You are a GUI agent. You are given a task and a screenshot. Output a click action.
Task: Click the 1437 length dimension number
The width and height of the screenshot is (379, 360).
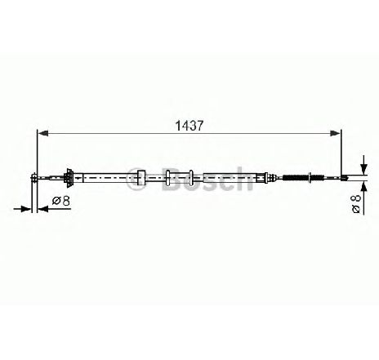(x=189, y=126)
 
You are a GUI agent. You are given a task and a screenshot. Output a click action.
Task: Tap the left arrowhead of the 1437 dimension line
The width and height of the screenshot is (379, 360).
(x=42, y=133)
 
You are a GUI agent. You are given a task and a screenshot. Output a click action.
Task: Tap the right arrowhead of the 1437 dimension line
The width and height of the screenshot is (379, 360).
(x=335, y=133)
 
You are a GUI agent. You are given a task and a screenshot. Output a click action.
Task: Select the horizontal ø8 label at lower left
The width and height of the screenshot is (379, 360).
(x=61, y=201)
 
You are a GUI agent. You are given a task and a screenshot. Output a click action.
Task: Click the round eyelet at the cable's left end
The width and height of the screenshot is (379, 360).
(x=33, y=177)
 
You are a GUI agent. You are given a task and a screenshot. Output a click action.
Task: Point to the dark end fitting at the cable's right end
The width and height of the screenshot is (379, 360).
(x=345, y=178)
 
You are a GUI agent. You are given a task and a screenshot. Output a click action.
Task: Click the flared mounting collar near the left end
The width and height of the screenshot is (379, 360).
(x=69, y=178)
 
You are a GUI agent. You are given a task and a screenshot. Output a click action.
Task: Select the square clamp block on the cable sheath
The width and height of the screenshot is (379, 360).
(x=140, y=178)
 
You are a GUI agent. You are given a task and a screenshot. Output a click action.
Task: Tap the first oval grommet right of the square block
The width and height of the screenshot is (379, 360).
(x=168, y=178)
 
